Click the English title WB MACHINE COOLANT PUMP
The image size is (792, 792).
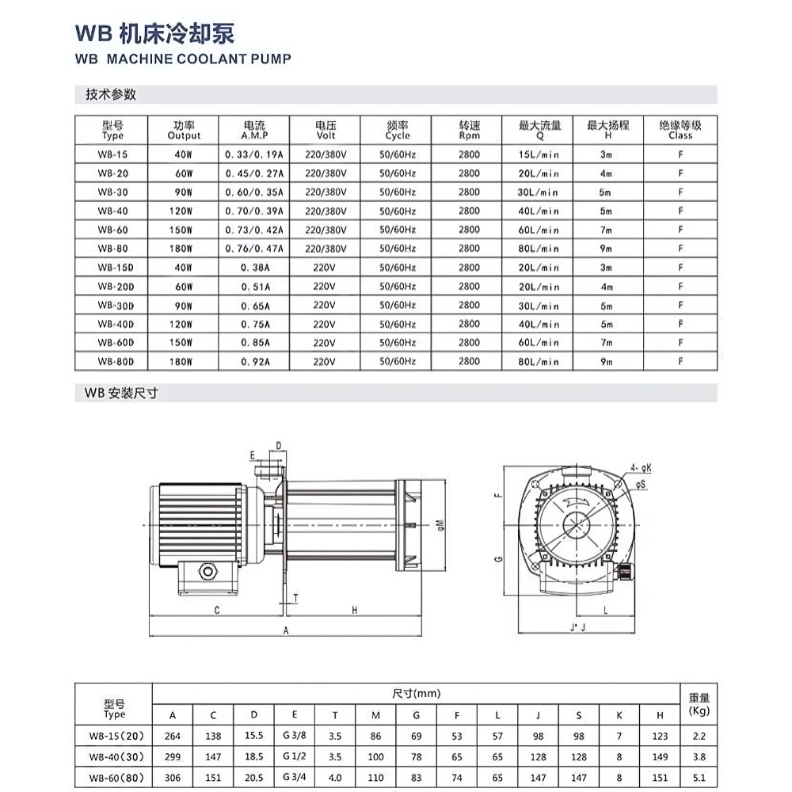tap(183, 59)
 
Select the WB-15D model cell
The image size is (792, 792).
tap(113, 268)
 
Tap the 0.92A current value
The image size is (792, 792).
tap(254, 361)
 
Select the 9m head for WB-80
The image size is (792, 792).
tap(607, 249)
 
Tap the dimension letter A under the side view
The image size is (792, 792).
tap(286, 630)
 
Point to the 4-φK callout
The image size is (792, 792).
tap(641, 468)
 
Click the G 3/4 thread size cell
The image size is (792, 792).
tap(295, 777)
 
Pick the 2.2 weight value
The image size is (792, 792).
tap(699, 736)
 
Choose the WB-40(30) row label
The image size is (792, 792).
tap(114, 756)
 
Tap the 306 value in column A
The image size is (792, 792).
tap(172, 777)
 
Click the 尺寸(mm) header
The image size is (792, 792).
tap(417, 693)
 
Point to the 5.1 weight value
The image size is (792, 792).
tap(699, 777)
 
